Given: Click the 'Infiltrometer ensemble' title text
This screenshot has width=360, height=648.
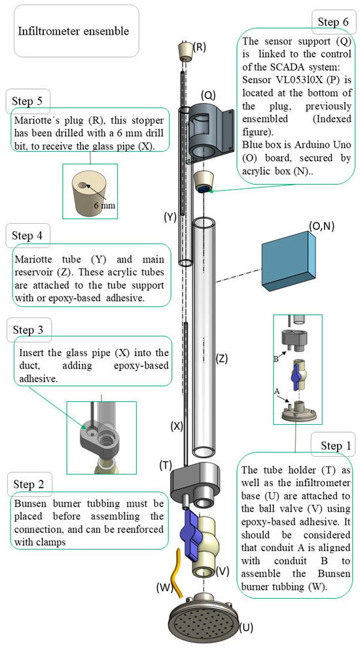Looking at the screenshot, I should tap(73, 31).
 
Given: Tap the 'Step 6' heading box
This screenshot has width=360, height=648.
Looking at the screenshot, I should tap(333, 22).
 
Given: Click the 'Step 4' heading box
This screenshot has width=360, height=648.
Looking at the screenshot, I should tap(27, 234).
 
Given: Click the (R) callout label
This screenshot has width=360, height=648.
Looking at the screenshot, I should tap(200, 46).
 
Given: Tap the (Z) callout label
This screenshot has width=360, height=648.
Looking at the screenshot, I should tap(222, 358).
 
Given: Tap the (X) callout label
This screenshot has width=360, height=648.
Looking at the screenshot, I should tap(177, 425).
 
